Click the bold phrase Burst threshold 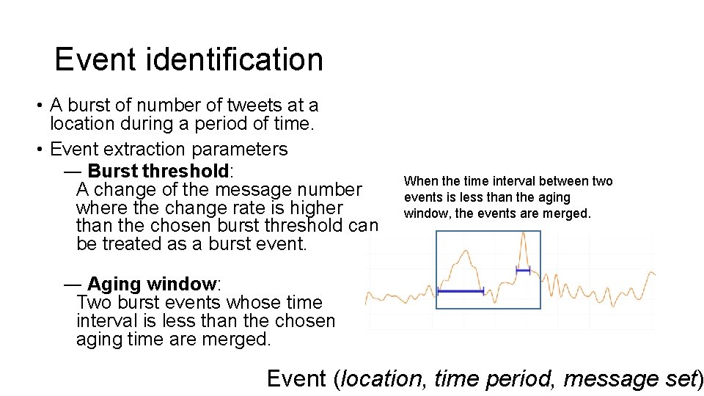[x=158, y=172]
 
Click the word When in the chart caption [x=420, y=181]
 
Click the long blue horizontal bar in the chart [x=461, y=291]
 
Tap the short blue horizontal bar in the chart [x=523, y=271]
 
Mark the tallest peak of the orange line [x=523, y=234]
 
